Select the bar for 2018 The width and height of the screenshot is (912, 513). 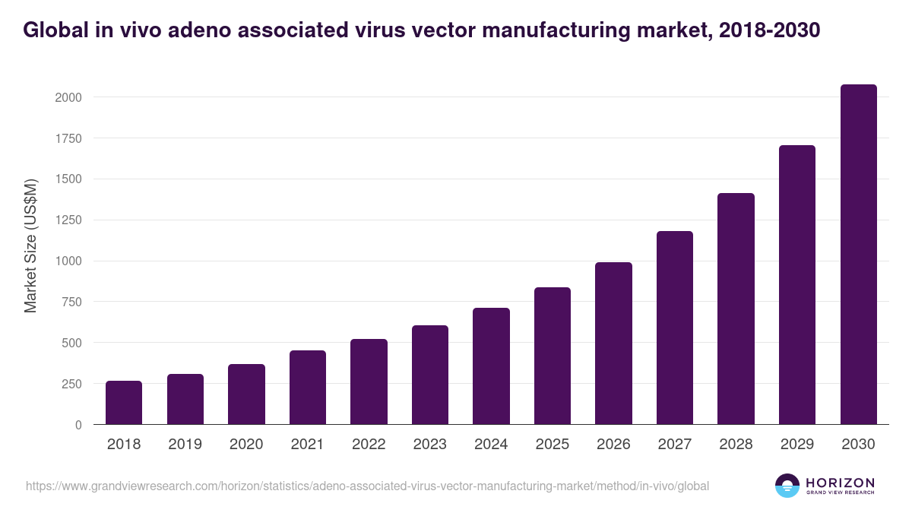click(x=124, y=403)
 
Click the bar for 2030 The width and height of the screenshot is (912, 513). click(x=858, y=255)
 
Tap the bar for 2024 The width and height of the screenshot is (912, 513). click(x=491, y=366)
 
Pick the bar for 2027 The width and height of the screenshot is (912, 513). click(x=675, y=328)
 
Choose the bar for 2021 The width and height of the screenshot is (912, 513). click(x=308, y=388)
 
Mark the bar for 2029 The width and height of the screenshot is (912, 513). click(x=797, y=285)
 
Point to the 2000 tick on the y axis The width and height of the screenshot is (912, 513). click(x=68, y=97)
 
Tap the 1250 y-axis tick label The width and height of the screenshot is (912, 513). click(x=68, y=220)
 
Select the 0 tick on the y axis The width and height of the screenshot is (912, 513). click(x=78, y=425)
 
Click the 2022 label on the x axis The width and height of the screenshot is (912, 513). click(x=369, y=445)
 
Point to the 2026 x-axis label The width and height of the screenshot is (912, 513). click(x=613, y=445)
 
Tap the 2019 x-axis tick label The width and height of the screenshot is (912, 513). click(x=185, y=445)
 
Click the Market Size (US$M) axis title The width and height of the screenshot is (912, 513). click(x=30, y=245)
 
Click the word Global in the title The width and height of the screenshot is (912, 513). click(x=54, y=30)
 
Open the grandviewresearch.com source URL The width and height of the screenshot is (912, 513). click(x=367, y=486)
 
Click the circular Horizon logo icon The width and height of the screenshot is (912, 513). click(x=787, y=486)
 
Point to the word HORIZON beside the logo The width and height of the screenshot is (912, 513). click(x=840, y=483)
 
